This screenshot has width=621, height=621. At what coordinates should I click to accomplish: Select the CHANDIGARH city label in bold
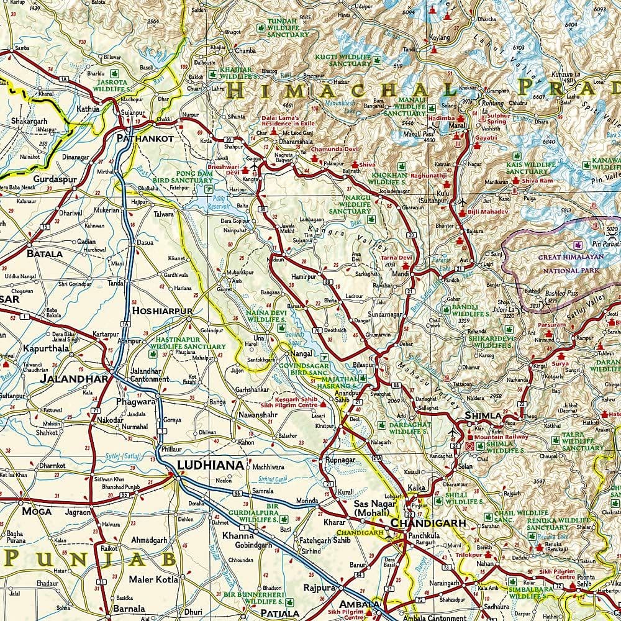(428, 524)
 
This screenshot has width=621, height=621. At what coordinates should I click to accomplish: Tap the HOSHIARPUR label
(162, 310)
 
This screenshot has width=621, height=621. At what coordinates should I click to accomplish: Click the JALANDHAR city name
(65, 378)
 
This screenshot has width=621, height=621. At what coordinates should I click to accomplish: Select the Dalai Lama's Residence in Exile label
(279, 121)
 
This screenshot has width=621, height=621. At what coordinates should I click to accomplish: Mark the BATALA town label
(44, 253)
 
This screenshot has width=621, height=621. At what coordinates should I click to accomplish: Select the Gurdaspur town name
(49, 179)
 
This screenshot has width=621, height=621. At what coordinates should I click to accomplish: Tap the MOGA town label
(37, 512)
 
